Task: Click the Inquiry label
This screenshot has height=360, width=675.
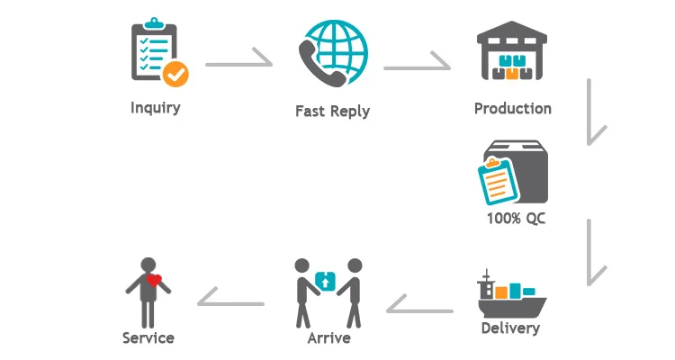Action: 155,108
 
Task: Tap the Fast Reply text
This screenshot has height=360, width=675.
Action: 332,112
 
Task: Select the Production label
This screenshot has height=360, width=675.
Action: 512,109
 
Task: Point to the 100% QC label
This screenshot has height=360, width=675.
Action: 515,218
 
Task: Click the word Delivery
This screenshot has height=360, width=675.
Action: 510,328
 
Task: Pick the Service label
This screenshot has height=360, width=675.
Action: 148,338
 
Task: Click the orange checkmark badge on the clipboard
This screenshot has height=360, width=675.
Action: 175,74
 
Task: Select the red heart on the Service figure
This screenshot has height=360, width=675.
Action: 154,281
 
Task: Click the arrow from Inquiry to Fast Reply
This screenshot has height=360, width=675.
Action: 238,64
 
